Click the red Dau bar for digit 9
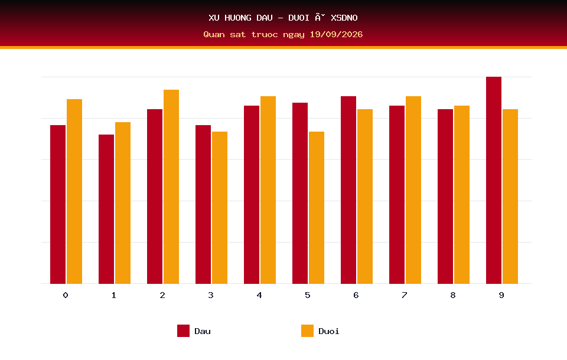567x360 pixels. [494, 180]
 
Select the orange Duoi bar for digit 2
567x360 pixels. [171, 186]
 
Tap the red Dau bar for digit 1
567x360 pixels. [106, 209]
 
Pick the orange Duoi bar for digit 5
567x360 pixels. [317, 208]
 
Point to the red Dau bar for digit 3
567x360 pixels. [203, 204]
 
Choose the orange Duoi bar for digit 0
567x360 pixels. [74, 191]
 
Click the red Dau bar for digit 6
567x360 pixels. [348, 190]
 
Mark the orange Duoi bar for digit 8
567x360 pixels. [462, 194]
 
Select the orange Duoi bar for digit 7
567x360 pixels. [413, 190]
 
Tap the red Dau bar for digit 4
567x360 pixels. [252, 194]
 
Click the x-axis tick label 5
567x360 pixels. [308, 295]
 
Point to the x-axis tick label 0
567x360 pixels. [66, 295]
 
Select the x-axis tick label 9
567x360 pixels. [501, 295]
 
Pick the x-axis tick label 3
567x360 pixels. [211, 295]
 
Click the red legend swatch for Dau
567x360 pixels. [183, 330]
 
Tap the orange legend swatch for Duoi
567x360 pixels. [307, 330]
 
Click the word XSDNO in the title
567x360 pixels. [344, 18]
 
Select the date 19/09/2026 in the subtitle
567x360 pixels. [336, 34]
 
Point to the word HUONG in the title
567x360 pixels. [238, 18]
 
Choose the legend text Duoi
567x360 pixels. [329, 331]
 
